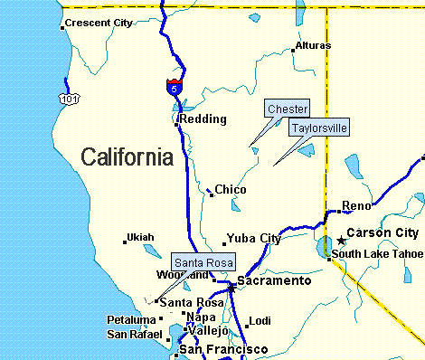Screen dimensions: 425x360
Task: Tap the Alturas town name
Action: pos(312,46)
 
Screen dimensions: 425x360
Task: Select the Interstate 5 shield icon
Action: pos(174,87)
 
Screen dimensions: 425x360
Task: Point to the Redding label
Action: pos(203,118)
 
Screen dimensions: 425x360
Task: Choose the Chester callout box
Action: pos(288,109)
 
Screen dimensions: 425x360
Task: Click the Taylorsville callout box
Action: pos(318,128)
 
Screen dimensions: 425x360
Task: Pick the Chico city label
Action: pos(231,190)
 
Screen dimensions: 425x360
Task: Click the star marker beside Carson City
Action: pos(341,240)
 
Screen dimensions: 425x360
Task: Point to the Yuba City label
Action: pos(253,239)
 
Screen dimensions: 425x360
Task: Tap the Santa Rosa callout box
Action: pos(203,262)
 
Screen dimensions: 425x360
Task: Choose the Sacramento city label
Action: pos(274,281)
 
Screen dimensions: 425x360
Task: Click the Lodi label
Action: pos(260,321)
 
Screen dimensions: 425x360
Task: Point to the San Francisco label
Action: pos(223,349)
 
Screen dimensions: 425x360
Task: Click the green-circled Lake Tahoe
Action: pos(324,246)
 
